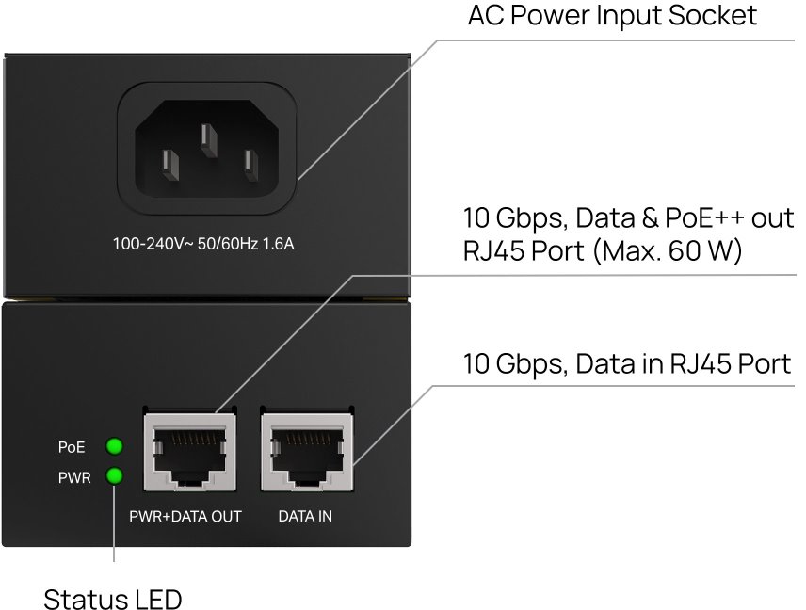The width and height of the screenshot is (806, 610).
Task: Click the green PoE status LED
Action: tap(114, 446)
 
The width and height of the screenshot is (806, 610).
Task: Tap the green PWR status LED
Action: tap(114, 476)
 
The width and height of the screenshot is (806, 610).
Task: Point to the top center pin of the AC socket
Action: tap(208, 140)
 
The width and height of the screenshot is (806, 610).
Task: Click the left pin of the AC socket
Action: tap(170, 165)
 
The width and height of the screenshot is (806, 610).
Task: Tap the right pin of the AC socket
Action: tap(250, 165)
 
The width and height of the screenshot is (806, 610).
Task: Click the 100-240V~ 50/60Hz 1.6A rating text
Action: tap(203, 244)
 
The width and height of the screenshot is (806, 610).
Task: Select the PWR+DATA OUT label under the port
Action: tap(185, 517)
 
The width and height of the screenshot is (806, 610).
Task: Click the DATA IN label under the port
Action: tap(305, 517)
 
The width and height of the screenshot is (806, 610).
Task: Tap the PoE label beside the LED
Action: tap(72, 447)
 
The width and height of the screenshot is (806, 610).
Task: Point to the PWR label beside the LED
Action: tap(74, 478)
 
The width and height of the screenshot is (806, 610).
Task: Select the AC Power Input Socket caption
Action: tap(612, 15)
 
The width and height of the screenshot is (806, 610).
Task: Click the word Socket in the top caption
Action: tap(713, 15)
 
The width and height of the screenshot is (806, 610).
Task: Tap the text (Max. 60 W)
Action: tap(668, 250)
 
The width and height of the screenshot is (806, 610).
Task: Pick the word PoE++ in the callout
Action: tap(704, 217)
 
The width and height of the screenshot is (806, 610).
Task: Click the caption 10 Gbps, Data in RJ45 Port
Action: tap(626, 364)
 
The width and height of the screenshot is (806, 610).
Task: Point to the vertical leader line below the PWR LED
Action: tap(114, 522)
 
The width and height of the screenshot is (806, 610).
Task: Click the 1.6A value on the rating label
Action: tap(279, 244)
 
